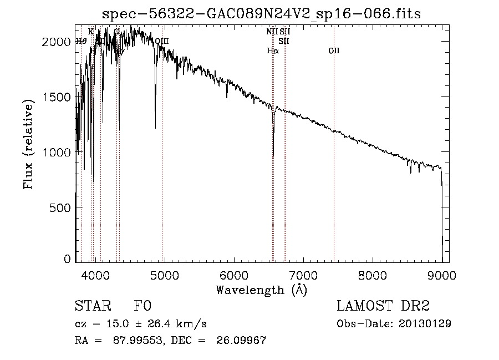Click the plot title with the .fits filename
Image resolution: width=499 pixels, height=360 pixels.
coord(266,13)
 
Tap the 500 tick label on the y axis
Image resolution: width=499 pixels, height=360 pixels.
coord(61,207)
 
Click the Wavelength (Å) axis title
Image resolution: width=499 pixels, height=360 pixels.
coord(261,290)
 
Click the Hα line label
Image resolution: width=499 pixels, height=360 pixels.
coord(272,51)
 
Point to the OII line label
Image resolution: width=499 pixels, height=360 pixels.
coord(334,51)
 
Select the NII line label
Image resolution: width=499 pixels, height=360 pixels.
coord(271,32)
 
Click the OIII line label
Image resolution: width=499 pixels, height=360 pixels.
coord(162,41)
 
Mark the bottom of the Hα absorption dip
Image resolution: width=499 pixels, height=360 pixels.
coord(273,156)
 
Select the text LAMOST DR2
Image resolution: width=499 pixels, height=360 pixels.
coord(383,306)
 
